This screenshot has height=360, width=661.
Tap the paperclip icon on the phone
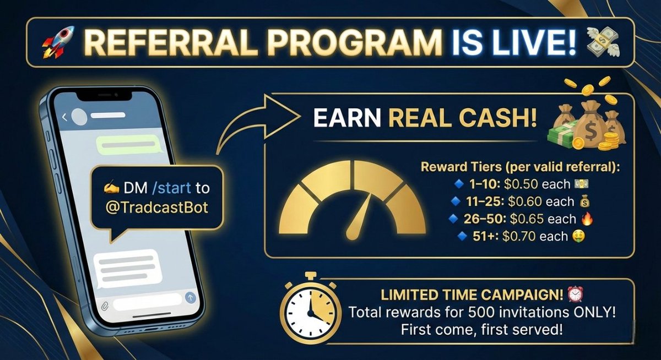click(x=105, y=304)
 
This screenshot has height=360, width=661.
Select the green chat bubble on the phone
click(x=127, y=145)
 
